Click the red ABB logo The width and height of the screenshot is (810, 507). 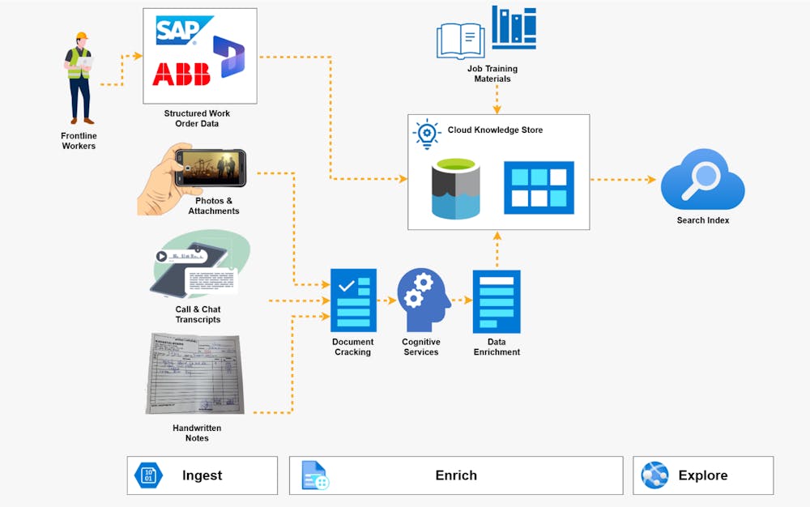(181, 73)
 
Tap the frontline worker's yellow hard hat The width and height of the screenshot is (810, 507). (81, 37)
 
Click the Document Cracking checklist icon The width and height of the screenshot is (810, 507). (353, 300)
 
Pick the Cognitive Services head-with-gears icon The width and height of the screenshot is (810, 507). (423, 300)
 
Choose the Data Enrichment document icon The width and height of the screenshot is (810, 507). (497, 301)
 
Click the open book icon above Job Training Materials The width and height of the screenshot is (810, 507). (460, 40)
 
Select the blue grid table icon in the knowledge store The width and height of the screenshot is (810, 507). (539, 187)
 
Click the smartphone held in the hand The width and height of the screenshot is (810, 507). (210, 168)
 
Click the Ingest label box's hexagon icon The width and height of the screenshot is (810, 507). (148, 475)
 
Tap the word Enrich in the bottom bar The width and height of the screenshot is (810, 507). (456, 475)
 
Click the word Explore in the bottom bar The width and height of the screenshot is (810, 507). (702, 475)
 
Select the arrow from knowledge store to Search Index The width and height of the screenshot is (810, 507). (623, 180)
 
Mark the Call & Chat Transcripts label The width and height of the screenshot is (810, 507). (198, 314)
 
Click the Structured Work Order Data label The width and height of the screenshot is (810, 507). (197, 118)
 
